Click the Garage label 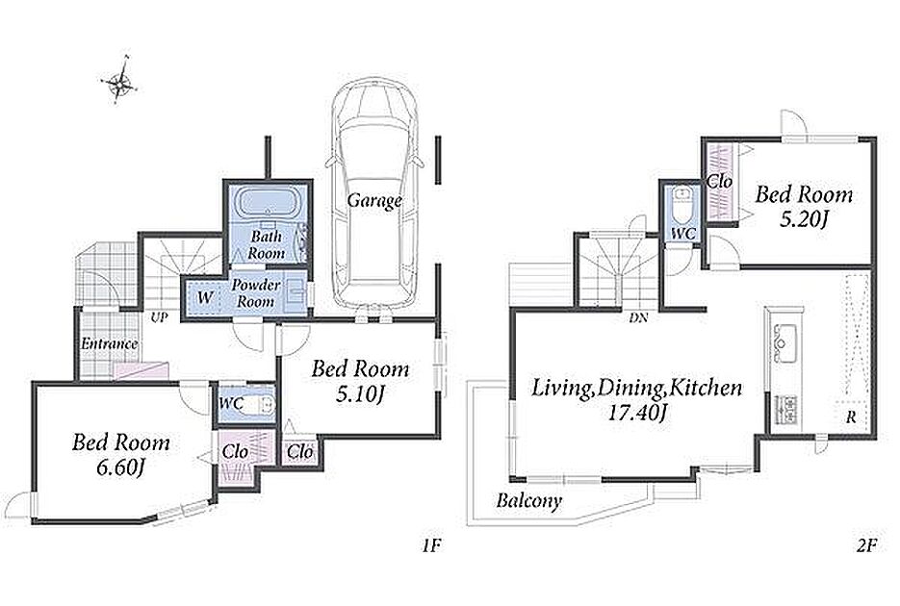[374, 201]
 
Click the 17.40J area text [636, 413]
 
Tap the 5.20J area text [802, 220]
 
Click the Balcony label [528, 501]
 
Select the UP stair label [159, 316]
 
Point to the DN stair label [638, 317]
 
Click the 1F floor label [431, 545]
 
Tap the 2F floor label [866, 545]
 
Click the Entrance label [109, 344]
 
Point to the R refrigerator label [851, 418]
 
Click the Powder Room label [255, 292]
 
